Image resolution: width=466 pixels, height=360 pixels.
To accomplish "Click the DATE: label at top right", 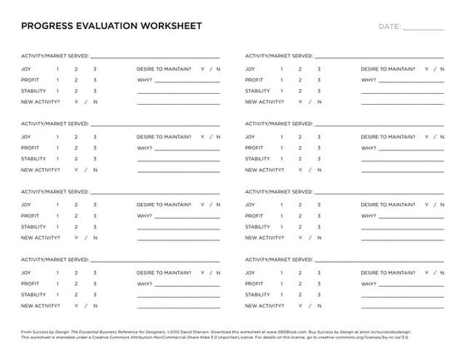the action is tap(389, 27).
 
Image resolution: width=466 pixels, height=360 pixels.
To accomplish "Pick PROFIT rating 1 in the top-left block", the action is tap(57, 80).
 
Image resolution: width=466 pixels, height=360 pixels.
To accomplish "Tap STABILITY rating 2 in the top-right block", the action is tap(300, 91).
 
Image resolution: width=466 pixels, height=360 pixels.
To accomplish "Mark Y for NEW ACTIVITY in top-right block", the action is tap(300, 101).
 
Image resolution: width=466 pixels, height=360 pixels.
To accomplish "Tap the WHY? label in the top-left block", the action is tap(145, 80).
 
